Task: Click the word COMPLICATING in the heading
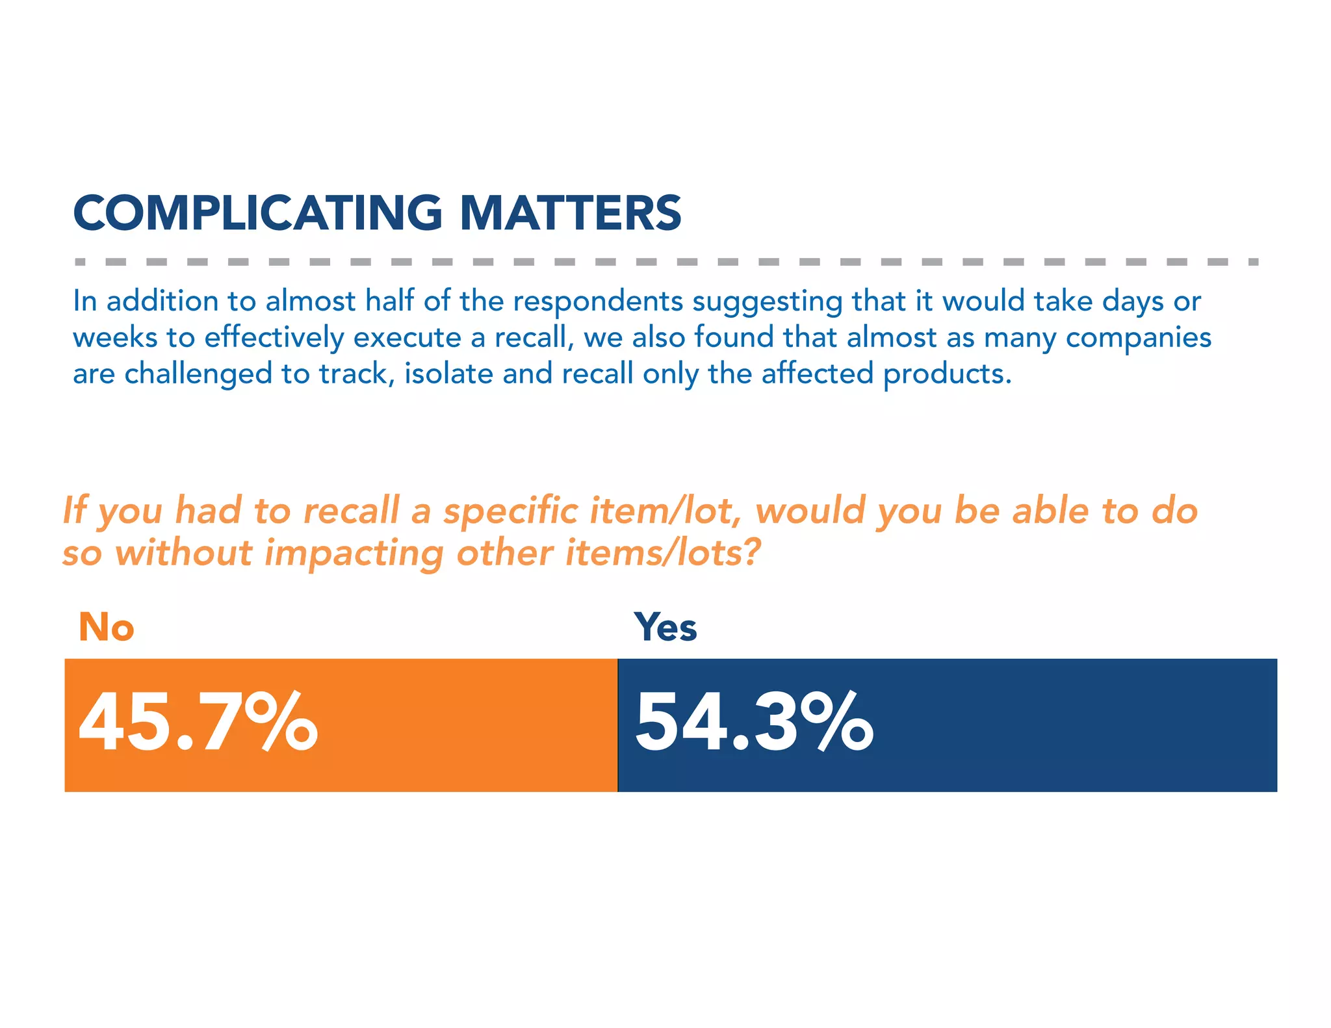tap(258, 213)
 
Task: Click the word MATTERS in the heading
tap(570, 213)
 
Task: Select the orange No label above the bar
tap(106, 627)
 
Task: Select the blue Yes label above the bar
tap(665, 627)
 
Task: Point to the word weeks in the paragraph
tap(114, 338)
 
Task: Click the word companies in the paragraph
tap(1138, 338)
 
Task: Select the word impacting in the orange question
tap(354, 554)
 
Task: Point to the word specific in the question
tap(510, 511)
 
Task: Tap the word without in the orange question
tap(183, 553)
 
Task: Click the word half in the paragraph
tap(389, 302)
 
